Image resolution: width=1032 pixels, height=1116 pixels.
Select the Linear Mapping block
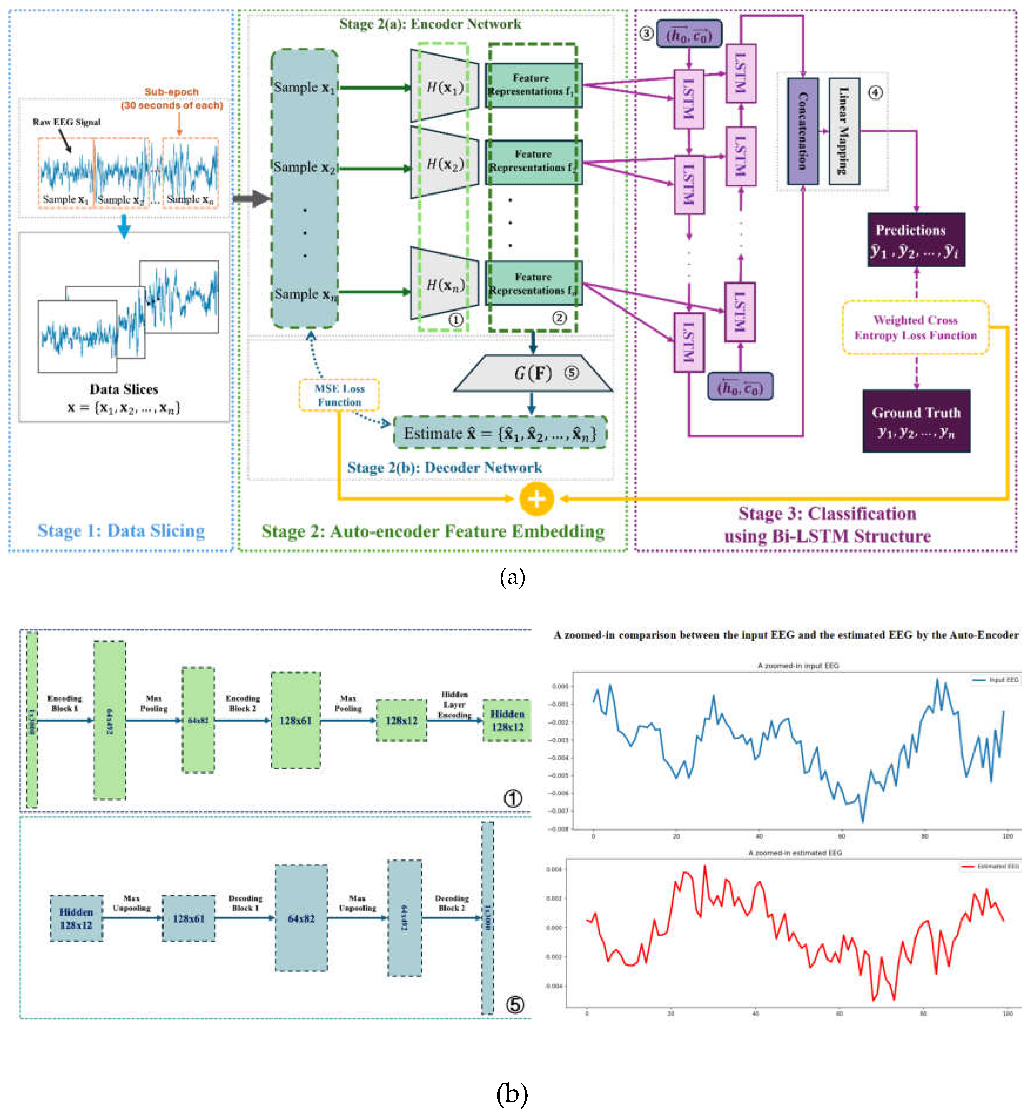click(844, 131)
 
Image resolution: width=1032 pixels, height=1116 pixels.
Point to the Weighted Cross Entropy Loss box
click(915, 327)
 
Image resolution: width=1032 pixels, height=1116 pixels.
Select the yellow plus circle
click(536, 498)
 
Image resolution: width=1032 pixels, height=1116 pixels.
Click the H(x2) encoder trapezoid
click(444, 163)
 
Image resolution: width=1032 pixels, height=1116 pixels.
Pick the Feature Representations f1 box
click(533, 85)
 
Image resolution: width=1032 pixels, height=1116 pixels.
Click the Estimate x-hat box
click(500, 433)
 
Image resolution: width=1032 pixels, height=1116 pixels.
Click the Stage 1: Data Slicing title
click(121, 530)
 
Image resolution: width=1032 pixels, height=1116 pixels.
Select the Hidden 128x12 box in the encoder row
click(507, 720)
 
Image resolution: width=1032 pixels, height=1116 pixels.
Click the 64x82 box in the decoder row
click(301, 918)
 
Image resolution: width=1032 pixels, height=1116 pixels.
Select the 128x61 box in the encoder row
click(296, 720)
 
